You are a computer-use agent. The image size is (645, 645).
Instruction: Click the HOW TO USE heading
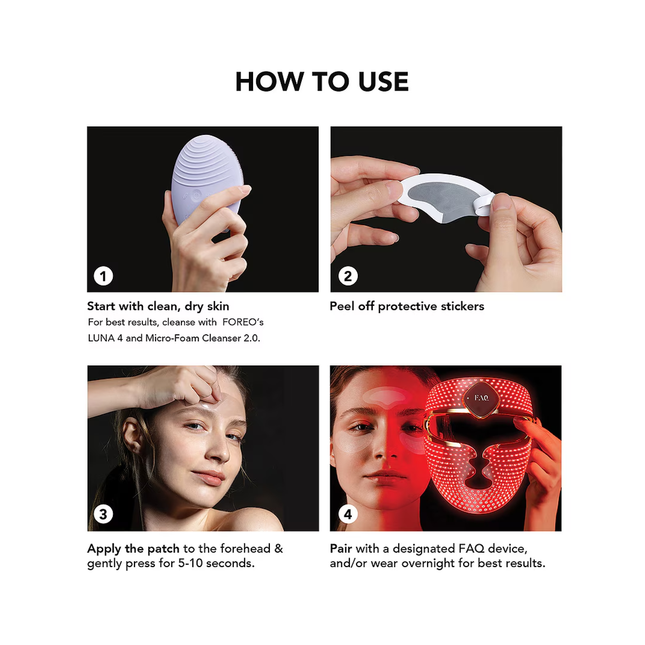tap(322, 81)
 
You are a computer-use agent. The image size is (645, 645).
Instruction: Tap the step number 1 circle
tap(103, 276)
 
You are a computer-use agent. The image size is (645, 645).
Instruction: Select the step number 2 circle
tap(348, 276)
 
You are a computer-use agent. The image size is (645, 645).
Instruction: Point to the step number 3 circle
tap(103, 514)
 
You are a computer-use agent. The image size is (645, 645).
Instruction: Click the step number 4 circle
tap(348, 514)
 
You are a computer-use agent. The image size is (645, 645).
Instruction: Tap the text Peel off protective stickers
tap(407, 306)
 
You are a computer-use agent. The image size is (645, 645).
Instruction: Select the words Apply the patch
tap(134, 549)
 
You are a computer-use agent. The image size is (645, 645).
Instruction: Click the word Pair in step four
tap(341, 549)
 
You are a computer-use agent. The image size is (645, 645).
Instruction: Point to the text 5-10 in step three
tap(190, 563)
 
